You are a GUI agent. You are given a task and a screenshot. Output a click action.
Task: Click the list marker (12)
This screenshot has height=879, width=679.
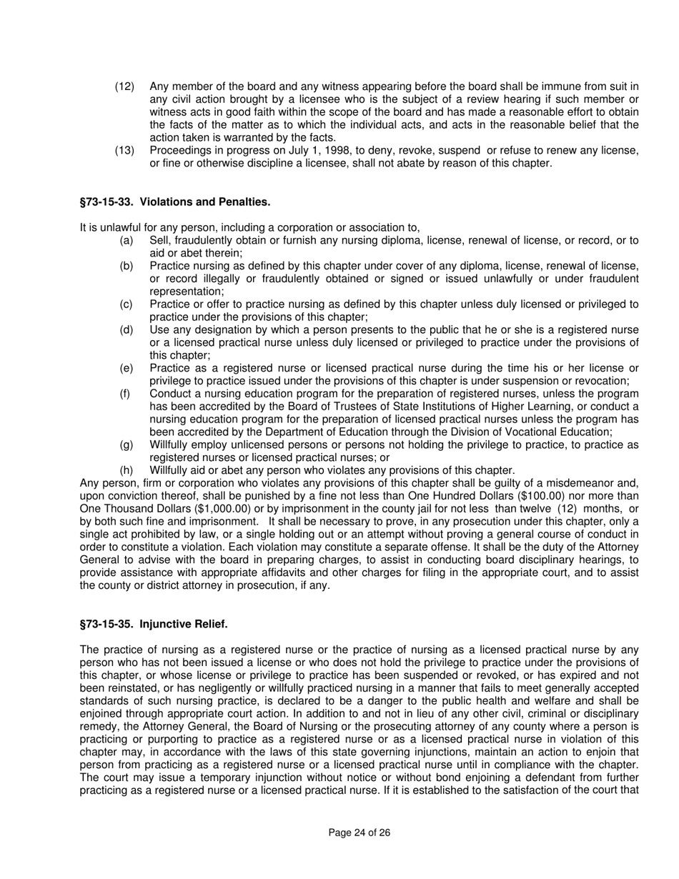click(124, 86)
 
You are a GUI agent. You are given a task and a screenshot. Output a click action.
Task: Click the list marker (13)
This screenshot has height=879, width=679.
click(124, 150)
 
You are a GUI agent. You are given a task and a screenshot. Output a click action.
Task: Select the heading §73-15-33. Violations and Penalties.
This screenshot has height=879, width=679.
click(175, 202)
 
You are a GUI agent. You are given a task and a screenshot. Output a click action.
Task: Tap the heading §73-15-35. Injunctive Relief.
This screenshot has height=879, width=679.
click(154, 624)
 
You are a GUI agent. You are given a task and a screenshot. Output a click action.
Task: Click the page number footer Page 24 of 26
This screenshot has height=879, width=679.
click(359, 833)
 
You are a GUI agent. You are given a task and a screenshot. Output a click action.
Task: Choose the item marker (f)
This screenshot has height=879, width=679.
click(125, 393)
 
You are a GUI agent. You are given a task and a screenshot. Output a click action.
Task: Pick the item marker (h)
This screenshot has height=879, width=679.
click(126, 470)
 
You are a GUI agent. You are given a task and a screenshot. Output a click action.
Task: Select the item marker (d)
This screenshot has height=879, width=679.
click(126, 329)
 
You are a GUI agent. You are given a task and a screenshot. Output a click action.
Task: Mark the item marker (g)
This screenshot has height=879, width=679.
click(126, 445)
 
